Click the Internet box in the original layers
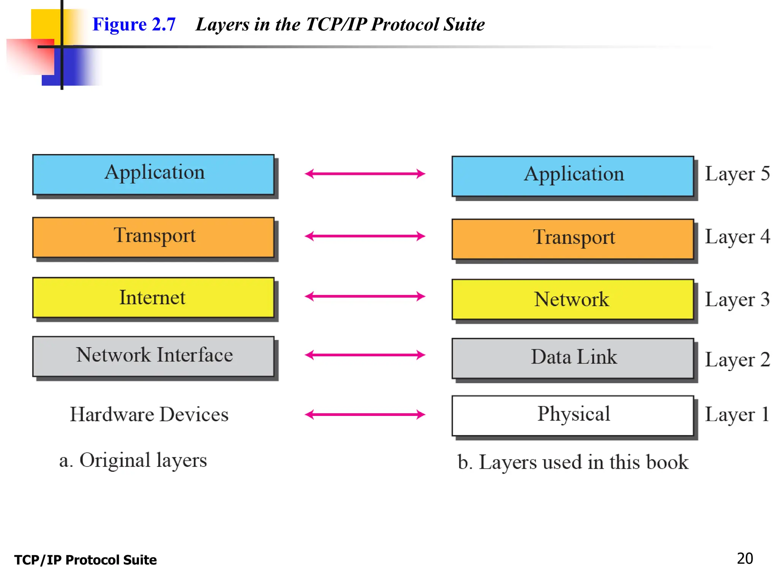pyautogui.click(x=153, y=297)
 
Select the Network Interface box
pyautogui.click(x=153, y=356)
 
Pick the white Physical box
pyautogui.click(x=573, y=415)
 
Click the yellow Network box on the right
pyautogui.click(x=573, y=299)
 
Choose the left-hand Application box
pyautogui.click(x=153, y=174)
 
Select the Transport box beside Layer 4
pyautogui.click(x=573, y=239)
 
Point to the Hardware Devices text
pyautogui.click(x=149, y=414)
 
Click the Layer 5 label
pyautogui.click(x=737, y=174)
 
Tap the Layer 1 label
pyautogui.click(x=737, y=414)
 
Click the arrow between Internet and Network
pyautogui.click(x=365, y=296)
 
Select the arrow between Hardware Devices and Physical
pyautogui.click(x=365, y=414)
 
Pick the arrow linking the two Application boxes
pyautogui.click(x=365, y=174)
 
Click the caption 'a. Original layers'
pyautogui.click(x=133, y=460)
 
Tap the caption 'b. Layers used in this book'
pyautogui.click(x=573, y=462)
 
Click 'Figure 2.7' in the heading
pyautogui.click(x=134, y=24)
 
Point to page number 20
pyautogui.click(x=745, y=559)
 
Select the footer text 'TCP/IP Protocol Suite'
pyautogui.click(x=85, y=560)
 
